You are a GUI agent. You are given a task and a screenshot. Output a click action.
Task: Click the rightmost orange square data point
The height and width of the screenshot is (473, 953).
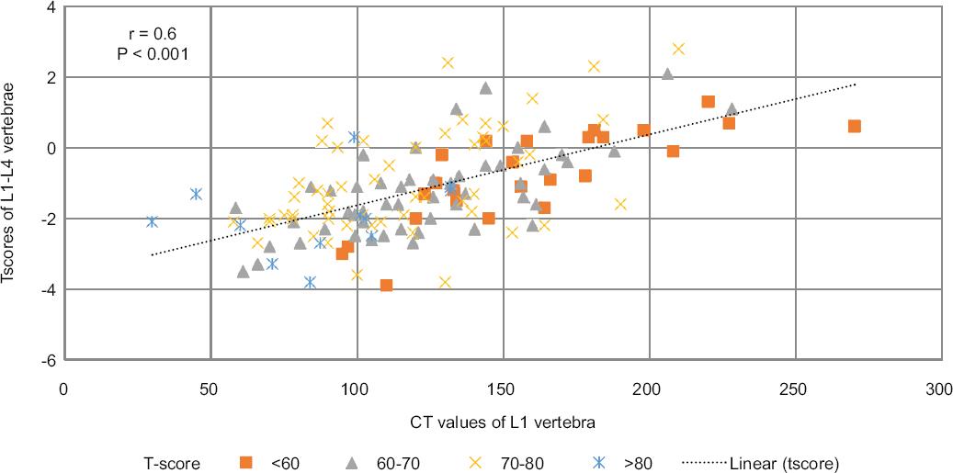click(854, 126)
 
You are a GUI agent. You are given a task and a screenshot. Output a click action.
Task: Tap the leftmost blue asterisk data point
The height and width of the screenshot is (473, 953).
click(153, 221)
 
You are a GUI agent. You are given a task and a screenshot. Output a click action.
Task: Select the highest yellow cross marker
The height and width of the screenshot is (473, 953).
click(678, 49)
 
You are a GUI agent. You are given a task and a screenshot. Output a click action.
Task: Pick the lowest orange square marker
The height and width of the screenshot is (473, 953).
click(387, 286)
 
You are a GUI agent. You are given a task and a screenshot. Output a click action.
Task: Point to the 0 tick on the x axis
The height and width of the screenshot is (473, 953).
click(63, 389)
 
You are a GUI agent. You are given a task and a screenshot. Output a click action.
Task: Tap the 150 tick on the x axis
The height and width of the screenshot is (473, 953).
click(502, 389)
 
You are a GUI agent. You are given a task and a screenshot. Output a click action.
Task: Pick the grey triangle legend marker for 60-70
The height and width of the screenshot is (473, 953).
click(350, 462)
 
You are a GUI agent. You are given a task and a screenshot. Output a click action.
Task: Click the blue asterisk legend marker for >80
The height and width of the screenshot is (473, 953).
click(599, 462)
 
